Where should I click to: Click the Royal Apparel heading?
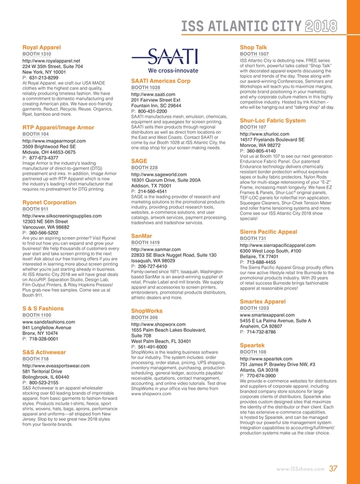pyautogui.click(x=41, y=46)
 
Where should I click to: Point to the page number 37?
pyautogui.click(x=333, y=468)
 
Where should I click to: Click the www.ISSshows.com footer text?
pyautogui.click(x=300, y=469)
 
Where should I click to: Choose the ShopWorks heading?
pyautogui.click(x=149, y=310)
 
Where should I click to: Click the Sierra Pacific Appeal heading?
pyautogui.click(x=268, y=231)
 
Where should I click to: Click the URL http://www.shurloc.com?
pyautogui.click(x=261, y=134)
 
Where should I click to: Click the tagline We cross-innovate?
pyautogui.click(x=165, y=71)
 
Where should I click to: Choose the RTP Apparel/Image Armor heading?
pyautogui.click(x=58, y=127)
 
